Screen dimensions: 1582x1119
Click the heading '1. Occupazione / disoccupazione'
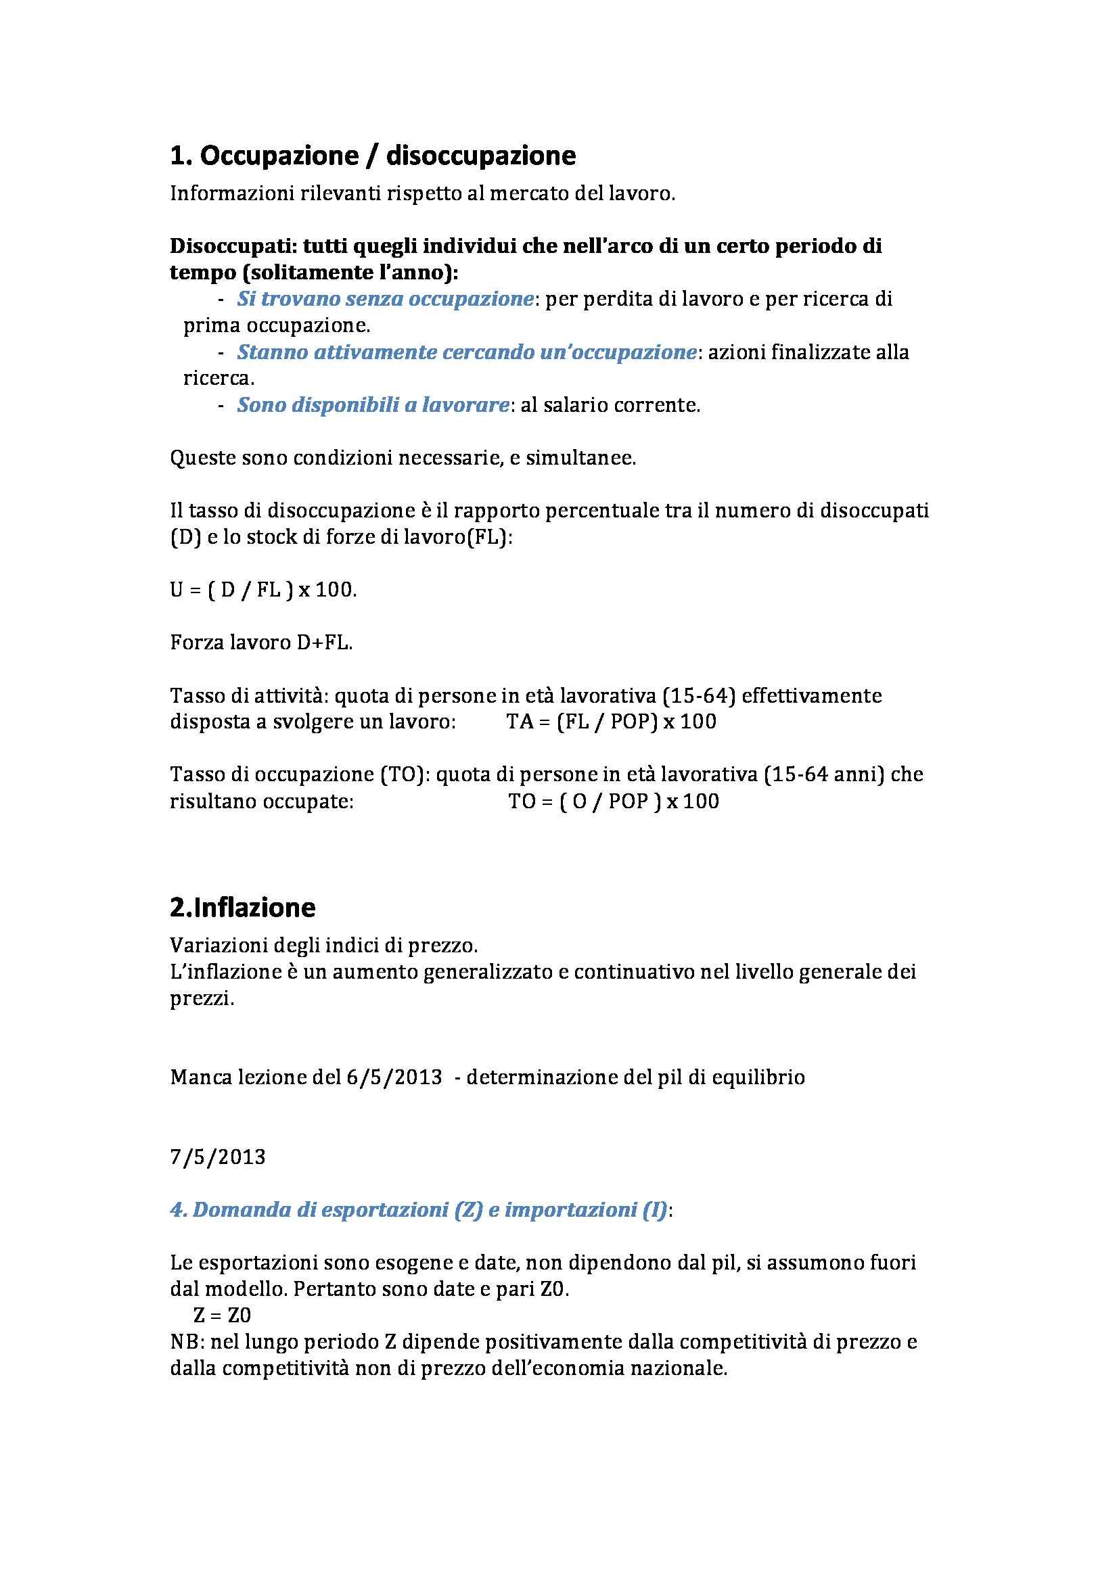[x=372, y=156]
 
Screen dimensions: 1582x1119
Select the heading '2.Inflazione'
[x=243, y=908]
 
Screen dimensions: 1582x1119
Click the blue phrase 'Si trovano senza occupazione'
[x=385, y=299]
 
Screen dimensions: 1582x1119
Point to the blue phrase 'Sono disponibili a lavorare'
[x=373, y=405]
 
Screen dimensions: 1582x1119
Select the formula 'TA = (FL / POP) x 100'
[x=611, y=722]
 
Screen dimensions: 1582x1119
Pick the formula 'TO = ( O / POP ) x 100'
[x=613, y=801]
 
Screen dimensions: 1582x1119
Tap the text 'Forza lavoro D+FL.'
[x=261, y=643]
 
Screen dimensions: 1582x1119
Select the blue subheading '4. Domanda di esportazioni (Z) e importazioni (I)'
[x=418, y=1211]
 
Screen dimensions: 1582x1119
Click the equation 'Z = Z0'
[x=223, y=1316]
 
